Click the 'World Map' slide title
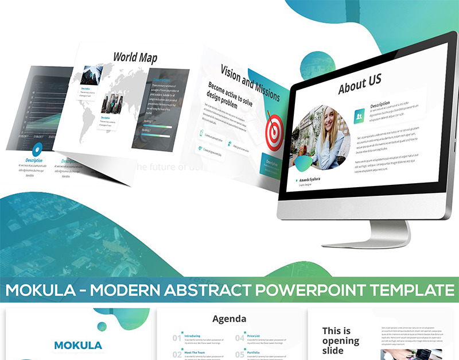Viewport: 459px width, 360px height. coord(135,57)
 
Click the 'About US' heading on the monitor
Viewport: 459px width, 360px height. coord(360,85)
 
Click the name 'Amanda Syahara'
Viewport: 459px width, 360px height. coord(309,179)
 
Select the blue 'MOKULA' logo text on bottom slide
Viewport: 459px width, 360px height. coord(77,345)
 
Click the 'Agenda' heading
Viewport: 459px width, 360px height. coord(229,319)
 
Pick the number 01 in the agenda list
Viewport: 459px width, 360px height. coord(177,338)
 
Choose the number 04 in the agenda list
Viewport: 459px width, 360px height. coord(240,338)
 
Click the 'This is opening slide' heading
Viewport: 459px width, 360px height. coord(340,340)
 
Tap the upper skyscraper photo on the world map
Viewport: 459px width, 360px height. coord(92,75)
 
